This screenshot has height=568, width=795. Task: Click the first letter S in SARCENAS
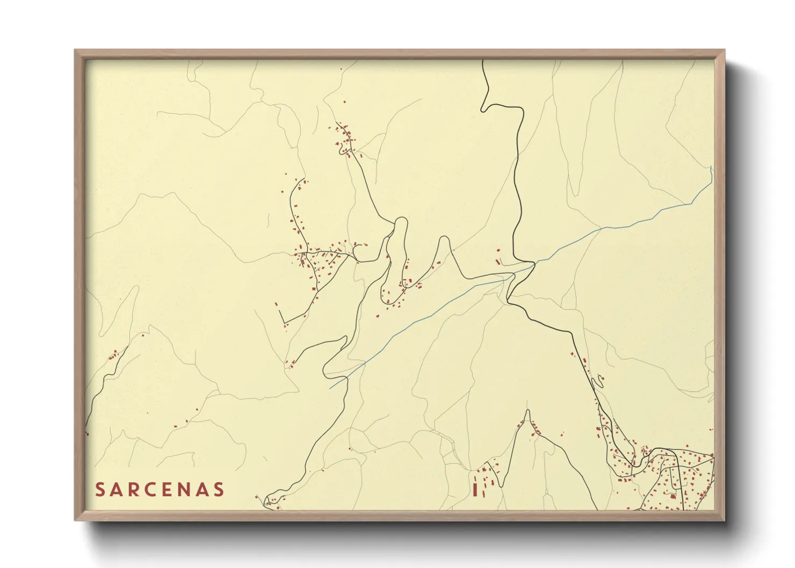[x=100, y=490]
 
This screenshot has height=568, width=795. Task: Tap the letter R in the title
[x=140, y=490]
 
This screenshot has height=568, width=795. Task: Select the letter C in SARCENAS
[x=159, y=490]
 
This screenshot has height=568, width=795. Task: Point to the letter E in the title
[x=178, y=490]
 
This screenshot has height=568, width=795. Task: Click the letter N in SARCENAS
[x=198, y=490]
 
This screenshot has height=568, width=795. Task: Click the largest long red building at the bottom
[x=475, y=490]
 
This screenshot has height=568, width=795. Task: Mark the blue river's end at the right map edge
[x=711, y=168]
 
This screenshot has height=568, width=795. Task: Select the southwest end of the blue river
[x=330, y=388]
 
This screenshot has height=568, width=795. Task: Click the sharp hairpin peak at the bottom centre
[x=527, y=411]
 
